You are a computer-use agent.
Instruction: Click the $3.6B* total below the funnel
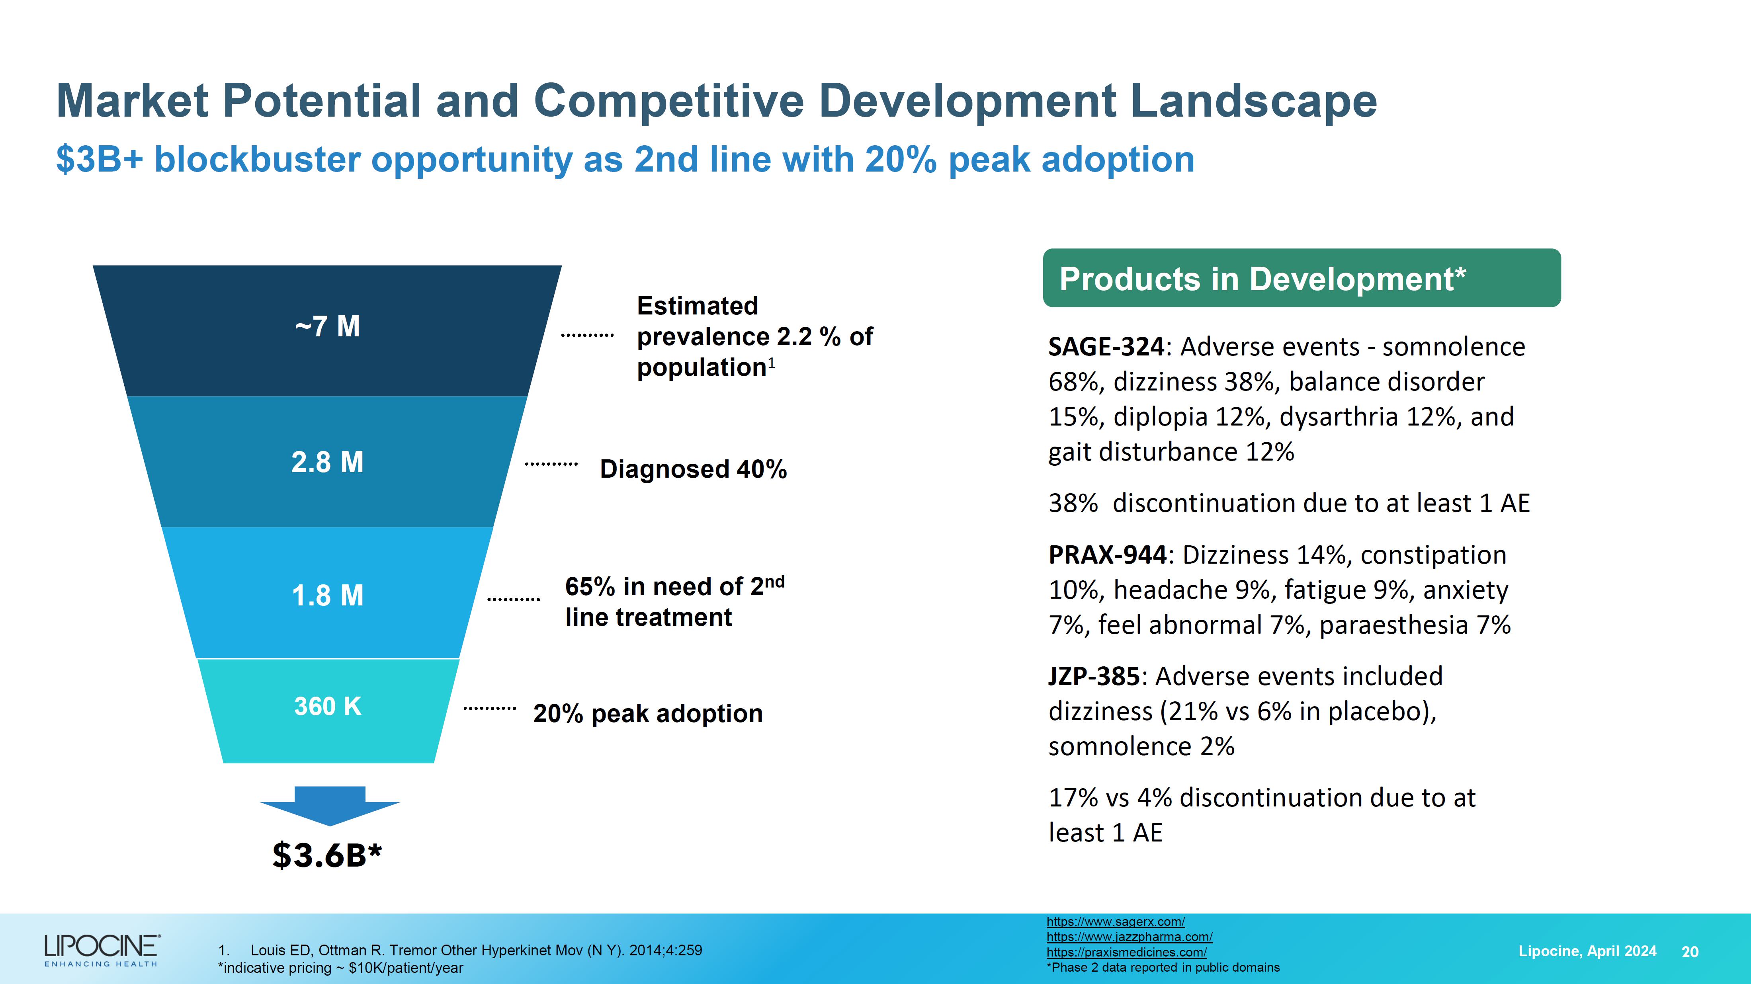(327, 855)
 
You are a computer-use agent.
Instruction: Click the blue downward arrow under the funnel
(330, 806)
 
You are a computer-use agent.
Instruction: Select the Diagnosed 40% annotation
(693, 469)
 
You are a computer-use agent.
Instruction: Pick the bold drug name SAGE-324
(1106, 347)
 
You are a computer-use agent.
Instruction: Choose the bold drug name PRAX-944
(1107, 555)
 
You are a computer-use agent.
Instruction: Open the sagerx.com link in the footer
(1116, 922)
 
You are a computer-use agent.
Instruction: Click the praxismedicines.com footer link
(1126, 952)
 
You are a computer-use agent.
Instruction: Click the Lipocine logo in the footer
(102, 949)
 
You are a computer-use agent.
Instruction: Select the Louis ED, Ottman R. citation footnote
(476, 951)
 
